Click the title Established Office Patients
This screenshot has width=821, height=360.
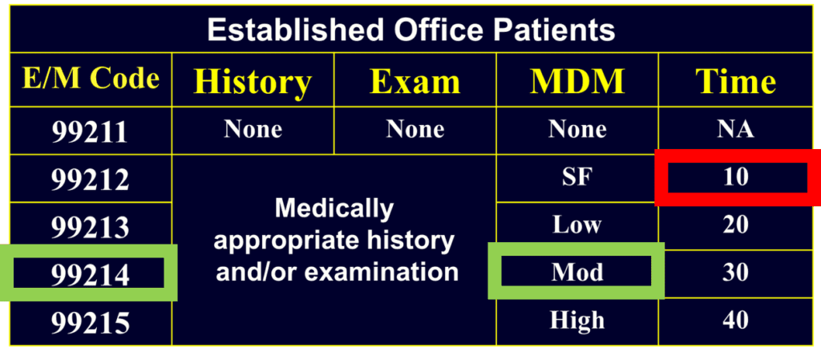pos(410,30)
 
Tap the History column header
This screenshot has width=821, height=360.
pos(253,82)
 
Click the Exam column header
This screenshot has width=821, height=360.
pos(415,82)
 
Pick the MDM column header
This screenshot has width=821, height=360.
pos(576,82)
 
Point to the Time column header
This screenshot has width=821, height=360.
pos(735,82)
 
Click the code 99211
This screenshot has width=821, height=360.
pos(90,131)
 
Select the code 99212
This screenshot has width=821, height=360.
pos(90,180)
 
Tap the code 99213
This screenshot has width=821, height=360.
pos(90,228)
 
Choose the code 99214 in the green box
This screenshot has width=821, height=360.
pos(90,275)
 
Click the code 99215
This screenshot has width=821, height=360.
pos(90,323)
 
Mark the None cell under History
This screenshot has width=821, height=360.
pos(253,129)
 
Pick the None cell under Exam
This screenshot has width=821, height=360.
pos(415,129)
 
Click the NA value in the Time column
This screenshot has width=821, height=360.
pos(735,129)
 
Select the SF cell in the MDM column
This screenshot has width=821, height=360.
pos(576,176)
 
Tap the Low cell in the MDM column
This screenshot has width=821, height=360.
pos(576,224)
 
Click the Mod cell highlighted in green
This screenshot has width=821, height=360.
pos(576,273)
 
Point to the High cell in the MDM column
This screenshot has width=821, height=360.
pos(576,321)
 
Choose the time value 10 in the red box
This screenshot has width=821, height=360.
pos(735,176)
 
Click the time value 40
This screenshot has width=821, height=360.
pos(735,321)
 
